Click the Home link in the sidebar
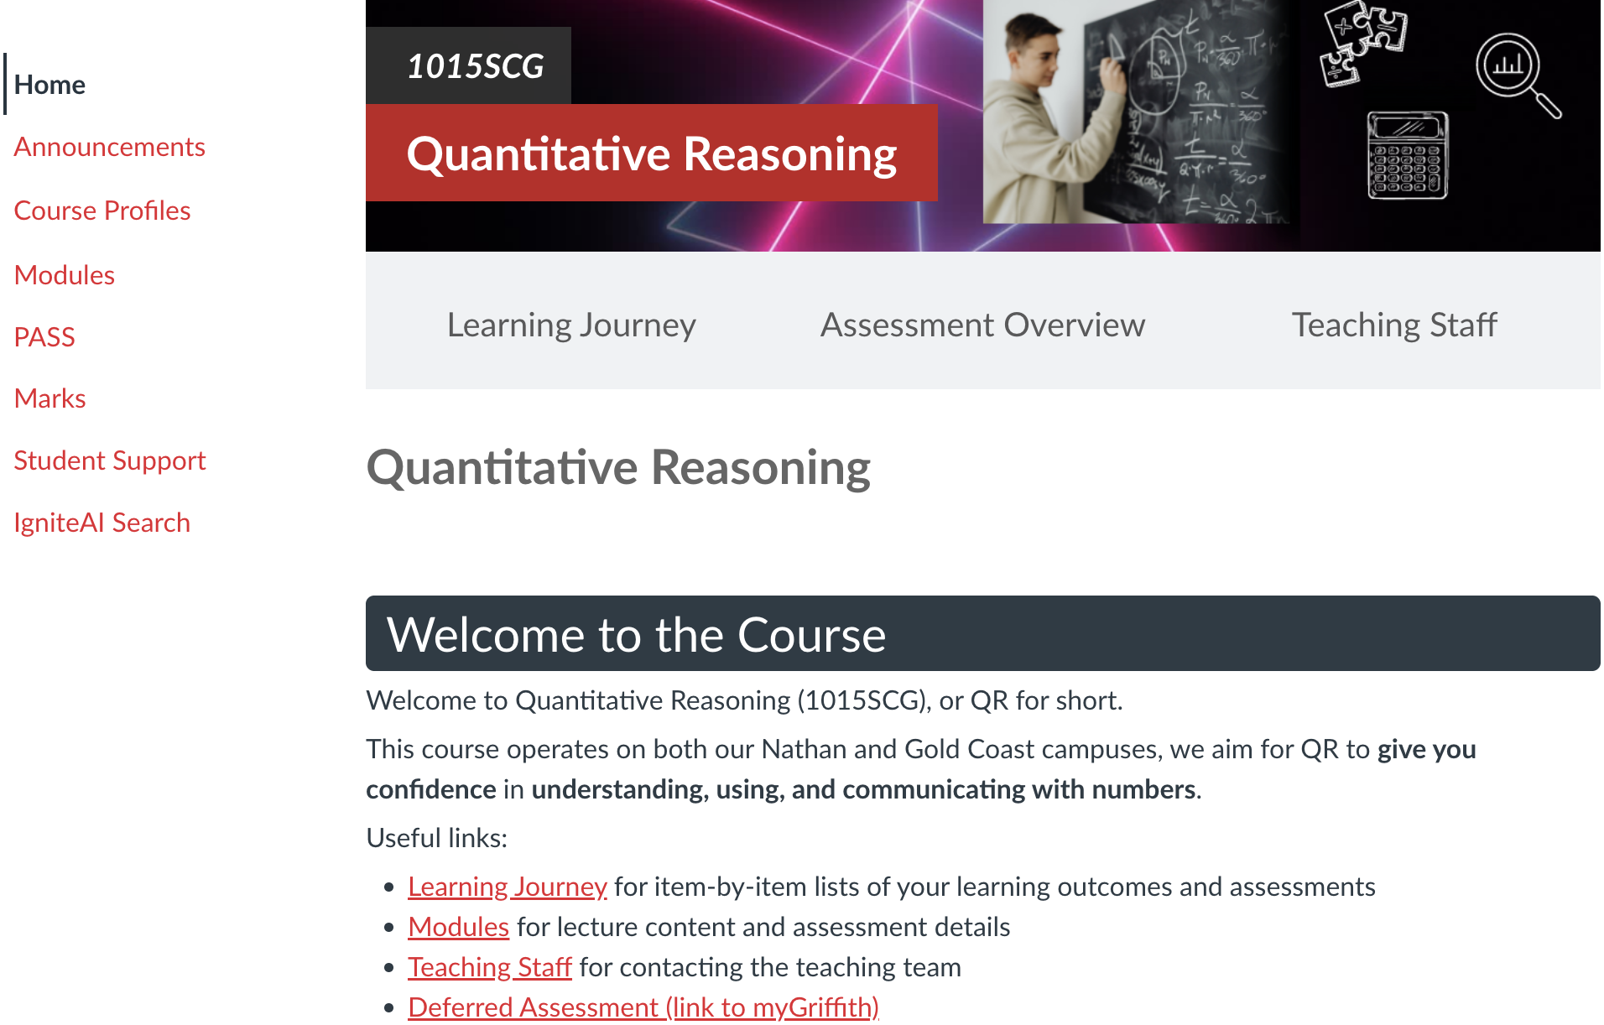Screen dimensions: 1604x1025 (49, 85)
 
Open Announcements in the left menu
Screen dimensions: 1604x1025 (109, 147)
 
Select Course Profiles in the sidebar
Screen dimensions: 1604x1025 (102, 211)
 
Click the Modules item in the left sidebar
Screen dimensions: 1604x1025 (65, 275)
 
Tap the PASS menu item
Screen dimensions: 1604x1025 (44, 337)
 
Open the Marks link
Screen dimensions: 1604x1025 (50, 398)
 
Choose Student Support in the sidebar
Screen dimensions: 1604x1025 (110, 460)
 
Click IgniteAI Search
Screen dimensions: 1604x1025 (102, 523)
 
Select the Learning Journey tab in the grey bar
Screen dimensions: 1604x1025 (571, 325)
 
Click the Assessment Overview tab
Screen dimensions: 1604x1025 (982, 325)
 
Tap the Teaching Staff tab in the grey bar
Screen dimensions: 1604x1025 (1394, 325)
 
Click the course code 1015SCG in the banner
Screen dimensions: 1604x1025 (475, 66)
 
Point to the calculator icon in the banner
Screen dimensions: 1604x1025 (1408, 156)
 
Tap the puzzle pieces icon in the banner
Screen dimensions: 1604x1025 (1363, 41)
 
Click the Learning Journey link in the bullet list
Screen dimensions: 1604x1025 (508, 887)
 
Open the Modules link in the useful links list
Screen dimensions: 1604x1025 (459, 927)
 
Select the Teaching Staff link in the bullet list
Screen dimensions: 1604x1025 (490, 967)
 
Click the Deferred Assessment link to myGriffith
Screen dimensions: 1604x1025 (643, 1007)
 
